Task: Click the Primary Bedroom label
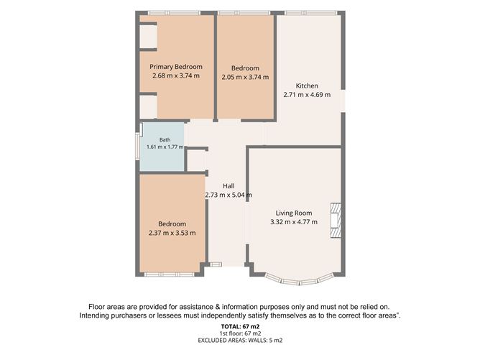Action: pyautogui.click(x=176, y=67)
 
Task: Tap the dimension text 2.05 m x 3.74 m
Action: pyautogui.click(x=245, y=77)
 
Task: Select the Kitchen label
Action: pyautogui.click(x=307, y=86)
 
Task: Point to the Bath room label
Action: pyautogui.click(x=165, y=140)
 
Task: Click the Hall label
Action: pyautogui.click(x=229, y=186)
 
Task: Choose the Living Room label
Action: pyautogui.click(x=294, y=213)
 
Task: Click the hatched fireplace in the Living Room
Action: pyautogui.click(x=336, y=220)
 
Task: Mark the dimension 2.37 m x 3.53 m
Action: pyautogui.click(x=172, y=233)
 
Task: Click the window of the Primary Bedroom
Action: pyautogui.click(x=174, y=13)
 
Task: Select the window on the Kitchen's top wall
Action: pyautogui.click(x=310, y=13)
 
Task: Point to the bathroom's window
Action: pyautogui.click(x=137, y=146)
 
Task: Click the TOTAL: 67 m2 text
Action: pyautogui.click(x=240, y=326)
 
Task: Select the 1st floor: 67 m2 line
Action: pyautogui.click(x=240, y=333)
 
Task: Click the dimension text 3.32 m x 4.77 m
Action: pyautogui.click(x=294, y=222)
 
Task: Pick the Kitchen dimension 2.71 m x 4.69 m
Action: pyautogui.click(x=307, y=95)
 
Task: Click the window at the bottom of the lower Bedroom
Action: pyautogui.click(x=170, y=274)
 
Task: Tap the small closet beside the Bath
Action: pyautogui.click(x=197, y=160)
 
